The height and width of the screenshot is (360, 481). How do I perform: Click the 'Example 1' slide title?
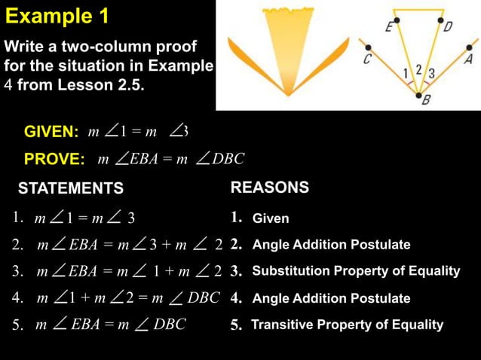57,15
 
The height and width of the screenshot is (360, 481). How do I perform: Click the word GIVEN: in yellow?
51,133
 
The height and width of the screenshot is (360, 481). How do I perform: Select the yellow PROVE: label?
54,159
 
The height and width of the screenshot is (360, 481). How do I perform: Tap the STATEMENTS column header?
71,188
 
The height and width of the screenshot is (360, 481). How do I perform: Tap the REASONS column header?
269,188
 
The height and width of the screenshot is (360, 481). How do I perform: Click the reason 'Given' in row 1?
270,219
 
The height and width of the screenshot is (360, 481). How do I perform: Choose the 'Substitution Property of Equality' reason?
355,271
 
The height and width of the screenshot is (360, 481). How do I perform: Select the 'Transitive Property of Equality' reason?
347,325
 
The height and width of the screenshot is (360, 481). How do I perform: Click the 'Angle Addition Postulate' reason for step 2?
331,245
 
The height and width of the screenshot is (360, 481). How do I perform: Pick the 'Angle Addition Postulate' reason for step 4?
331,298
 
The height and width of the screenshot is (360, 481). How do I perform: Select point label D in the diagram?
447,28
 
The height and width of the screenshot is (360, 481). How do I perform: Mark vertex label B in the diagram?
425,102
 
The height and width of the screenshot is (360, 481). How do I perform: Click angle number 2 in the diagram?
418,69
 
